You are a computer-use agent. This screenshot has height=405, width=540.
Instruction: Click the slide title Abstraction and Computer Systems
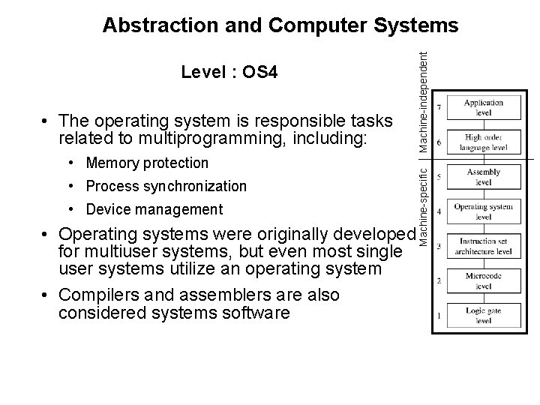[280, 25]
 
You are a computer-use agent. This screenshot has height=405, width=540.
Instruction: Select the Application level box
[483, 107]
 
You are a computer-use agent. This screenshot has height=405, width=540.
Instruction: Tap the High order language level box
[483, 142]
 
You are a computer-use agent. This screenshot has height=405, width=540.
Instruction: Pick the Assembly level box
[483, 177]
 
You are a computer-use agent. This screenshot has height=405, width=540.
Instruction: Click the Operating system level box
[483, 211]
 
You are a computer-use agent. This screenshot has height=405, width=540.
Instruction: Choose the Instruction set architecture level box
[483, 247]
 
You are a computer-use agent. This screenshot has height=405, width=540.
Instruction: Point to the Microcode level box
[483, 281]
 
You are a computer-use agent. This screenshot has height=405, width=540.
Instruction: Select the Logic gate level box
[483, 316]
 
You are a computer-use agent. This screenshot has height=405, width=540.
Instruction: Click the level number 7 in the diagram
[439, 108]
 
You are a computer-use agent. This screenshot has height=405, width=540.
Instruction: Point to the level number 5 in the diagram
[439, 177]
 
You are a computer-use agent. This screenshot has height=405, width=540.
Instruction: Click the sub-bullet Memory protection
[147, 163]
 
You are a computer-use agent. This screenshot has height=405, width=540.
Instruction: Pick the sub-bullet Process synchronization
[166, 186]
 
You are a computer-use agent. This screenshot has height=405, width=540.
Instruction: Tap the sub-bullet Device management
[154, 209]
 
